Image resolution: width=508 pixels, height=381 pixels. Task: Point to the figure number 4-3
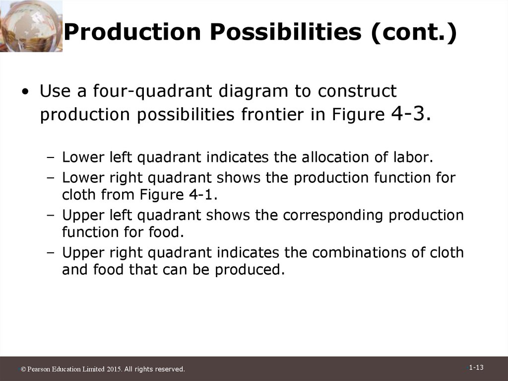point(411,114)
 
